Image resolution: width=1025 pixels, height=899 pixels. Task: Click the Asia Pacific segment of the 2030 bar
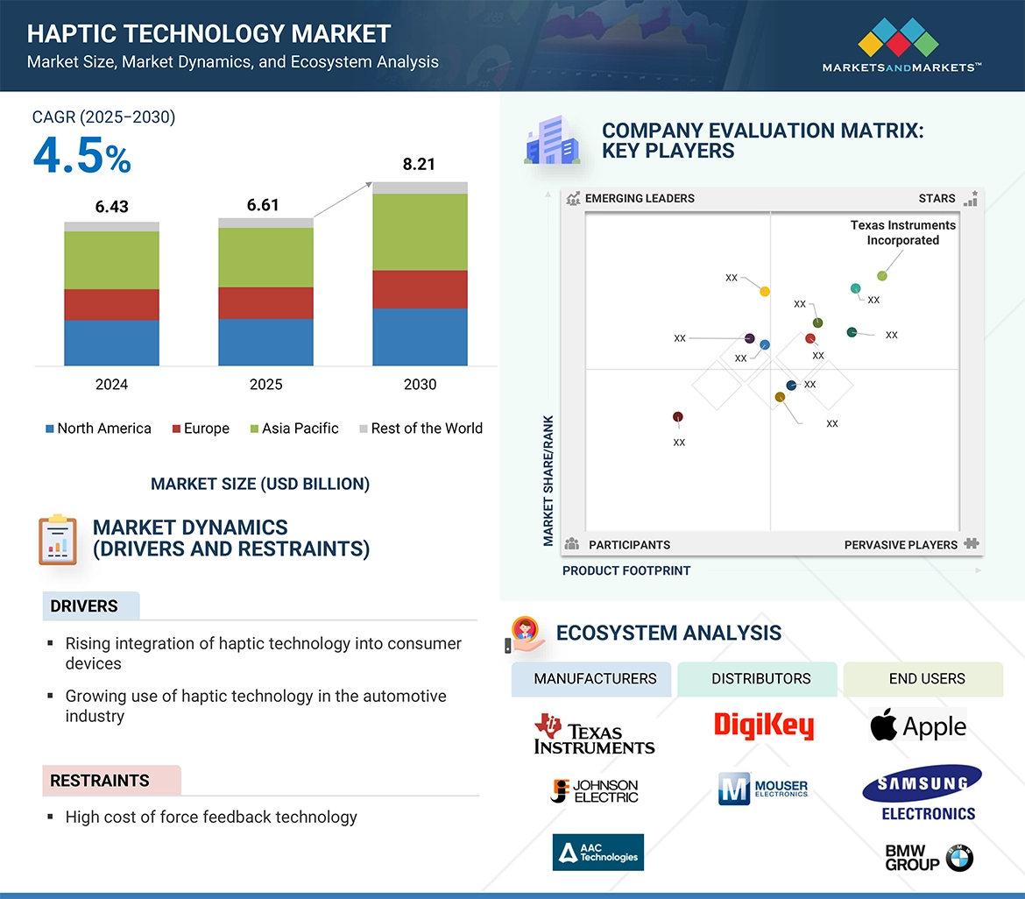(420, 232)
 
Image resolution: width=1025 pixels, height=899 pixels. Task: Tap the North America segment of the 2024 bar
(111, 343)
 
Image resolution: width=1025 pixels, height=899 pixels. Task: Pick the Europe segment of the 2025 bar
(265, 302)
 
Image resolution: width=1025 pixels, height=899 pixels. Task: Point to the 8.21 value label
(420, 164)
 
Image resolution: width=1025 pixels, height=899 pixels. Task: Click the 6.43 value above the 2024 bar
(111, 206)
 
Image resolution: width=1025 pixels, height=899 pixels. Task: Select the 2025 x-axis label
(265, 385)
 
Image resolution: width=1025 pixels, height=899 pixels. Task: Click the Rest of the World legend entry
(421, 428)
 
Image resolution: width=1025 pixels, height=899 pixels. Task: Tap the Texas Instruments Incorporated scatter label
(902, 232)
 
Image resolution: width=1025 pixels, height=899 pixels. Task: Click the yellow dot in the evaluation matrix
(765, 291)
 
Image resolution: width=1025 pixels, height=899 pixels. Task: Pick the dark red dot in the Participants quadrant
(677, 417)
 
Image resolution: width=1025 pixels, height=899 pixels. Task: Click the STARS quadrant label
(937, 198)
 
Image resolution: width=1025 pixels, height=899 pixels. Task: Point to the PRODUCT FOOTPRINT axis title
(626, 570)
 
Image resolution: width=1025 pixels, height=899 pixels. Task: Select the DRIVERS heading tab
(84, 606)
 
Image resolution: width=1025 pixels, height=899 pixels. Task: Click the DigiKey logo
(763, 726)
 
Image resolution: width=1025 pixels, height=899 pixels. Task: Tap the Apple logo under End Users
(918, 726)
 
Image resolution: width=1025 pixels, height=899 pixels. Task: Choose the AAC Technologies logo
(597, 852)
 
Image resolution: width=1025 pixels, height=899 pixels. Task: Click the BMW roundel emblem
(959, 858)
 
